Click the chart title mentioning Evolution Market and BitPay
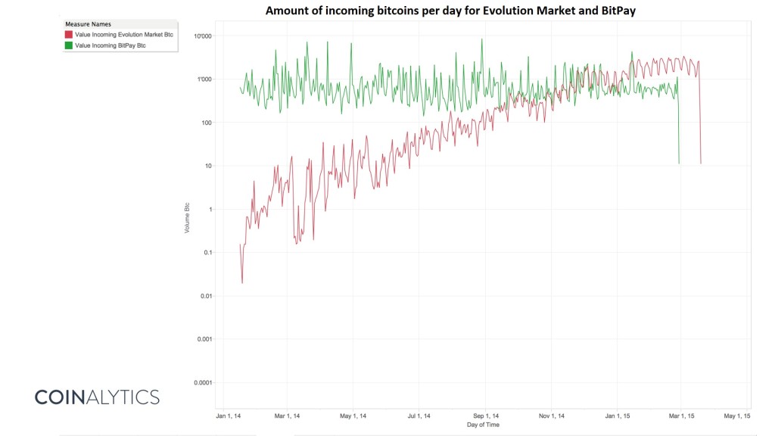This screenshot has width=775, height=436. tap(450, 11)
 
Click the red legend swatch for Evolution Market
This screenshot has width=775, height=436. tap(68, 35)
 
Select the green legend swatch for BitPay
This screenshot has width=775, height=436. tap(68, 45)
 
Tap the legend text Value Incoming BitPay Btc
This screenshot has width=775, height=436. tap(110, 45)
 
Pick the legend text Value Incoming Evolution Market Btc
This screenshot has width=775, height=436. tap(123, 35)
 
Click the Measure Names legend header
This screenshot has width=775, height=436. tap(88, 24)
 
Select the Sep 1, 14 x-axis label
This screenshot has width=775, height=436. tap(485, 416)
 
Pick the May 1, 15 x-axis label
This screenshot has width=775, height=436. tap(736, 416)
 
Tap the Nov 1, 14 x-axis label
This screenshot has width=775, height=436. tap(552, 416)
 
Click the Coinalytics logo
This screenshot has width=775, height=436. tap(97, 397)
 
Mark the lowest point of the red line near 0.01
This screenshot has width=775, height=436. tap(242, 283)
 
